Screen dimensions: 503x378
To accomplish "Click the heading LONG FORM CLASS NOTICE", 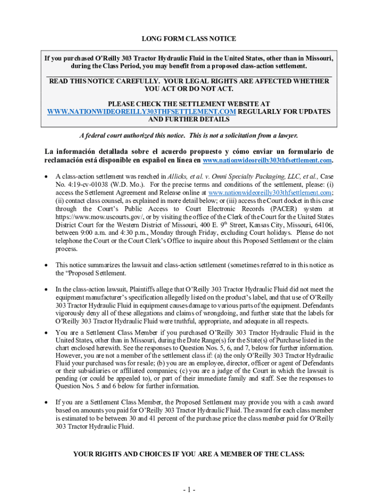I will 189,39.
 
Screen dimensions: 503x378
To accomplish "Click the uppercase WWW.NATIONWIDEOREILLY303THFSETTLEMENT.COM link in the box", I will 141,112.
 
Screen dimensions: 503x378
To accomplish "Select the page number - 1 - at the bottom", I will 189,490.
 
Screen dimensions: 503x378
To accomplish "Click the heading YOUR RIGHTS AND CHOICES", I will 189,454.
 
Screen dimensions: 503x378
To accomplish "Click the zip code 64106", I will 323,224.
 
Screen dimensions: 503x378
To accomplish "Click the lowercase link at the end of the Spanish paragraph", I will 267,160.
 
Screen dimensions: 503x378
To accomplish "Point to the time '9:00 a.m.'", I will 101,233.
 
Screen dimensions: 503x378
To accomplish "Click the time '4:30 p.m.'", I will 143,233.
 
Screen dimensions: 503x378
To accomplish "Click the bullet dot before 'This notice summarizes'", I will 47,265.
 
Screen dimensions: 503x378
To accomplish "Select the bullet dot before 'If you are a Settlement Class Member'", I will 47,402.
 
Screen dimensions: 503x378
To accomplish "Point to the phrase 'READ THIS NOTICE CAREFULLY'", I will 104,81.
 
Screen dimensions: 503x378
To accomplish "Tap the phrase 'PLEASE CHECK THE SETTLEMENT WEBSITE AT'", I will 189,104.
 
